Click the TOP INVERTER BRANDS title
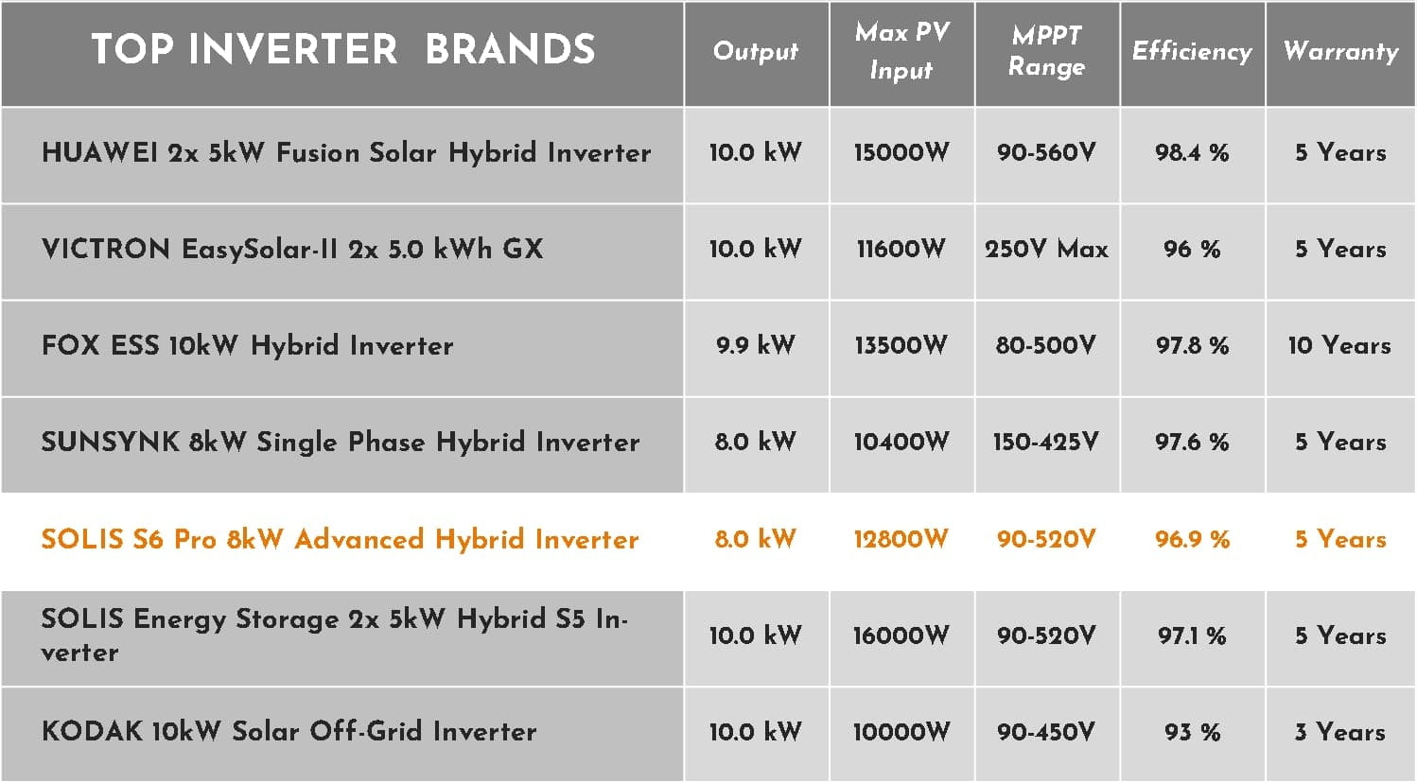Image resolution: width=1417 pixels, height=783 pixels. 343,49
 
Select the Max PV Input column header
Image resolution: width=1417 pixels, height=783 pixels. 902,51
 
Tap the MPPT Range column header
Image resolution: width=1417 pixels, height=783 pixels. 1047,51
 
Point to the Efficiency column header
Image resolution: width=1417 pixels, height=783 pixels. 1192,51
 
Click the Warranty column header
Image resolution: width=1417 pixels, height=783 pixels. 1340,51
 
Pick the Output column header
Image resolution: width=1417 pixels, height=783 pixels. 756,52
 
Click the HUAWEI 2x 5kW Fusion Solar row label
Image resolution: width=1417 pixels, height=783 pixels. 346,153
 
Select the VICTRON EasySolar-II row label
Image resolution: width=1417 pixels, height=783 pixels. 292,250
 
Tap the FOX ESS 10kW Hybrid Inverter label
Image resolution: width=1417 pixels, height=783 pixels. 247,346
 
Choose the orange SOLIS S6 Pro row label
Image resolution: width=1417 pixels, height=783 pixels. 341,540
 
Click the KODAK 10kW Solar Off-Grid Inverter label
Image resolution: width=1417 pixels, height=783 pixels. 289,732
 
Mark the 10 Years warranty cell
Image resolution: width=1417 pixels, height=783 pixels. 1339,345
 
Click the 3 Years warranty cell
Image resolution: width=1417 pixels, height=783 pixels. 1339,732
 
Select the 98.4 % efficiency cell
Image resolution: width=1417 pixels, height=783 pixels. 1192,152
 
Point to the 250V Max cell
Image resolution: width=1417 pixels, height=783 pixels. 1046,249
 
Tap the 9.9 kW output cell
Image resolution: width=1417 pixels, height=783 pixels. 755,345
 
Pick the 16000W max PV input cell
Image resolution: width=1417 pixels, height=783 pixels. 901,635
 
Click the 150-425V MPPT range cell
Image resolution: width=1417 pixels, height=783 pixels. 1046,442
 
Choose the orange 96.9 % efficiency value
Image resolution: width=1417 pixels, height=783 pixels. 1193,539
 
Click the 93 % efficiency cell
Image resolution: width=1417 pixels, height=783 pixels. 1193,732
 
